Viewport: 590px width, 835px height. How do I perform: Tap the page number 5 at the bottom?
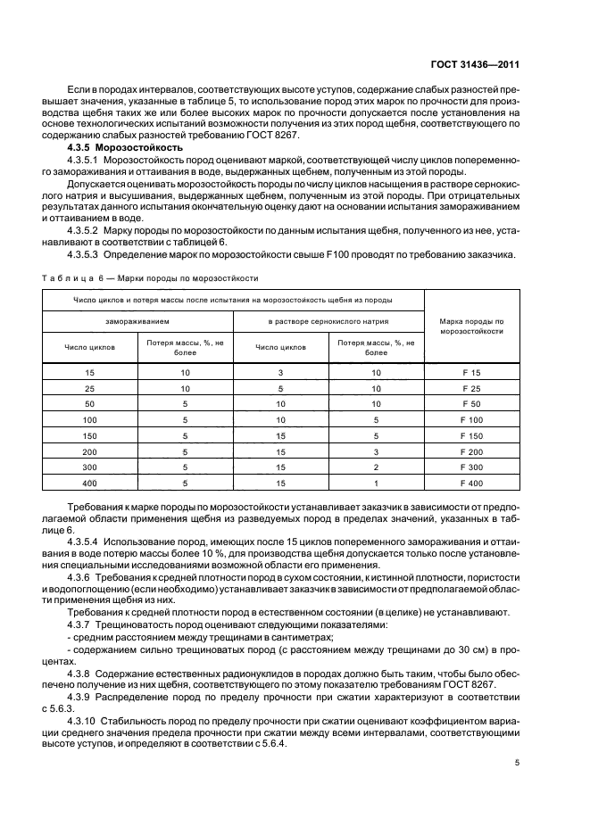click(x=518, y=762)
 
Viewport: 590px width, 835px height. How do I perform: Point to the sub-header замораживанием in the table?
click(x=137, y=319)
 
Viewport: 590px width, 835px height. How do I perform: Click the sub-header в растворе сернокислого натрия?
click(x=328, y=319)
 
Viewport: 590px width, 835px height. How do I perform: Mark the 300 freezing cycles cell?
click(x=89, y=467)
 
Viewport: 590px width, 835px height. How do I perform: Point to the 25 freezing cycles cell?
click(x=89, y=387)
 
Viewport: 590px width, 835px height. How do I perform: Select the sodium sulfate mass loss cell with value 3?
click(x=376, y=451)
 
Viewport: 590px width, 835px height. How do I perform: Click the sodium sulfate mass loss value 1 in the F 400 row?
click(x=376, y=484)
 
